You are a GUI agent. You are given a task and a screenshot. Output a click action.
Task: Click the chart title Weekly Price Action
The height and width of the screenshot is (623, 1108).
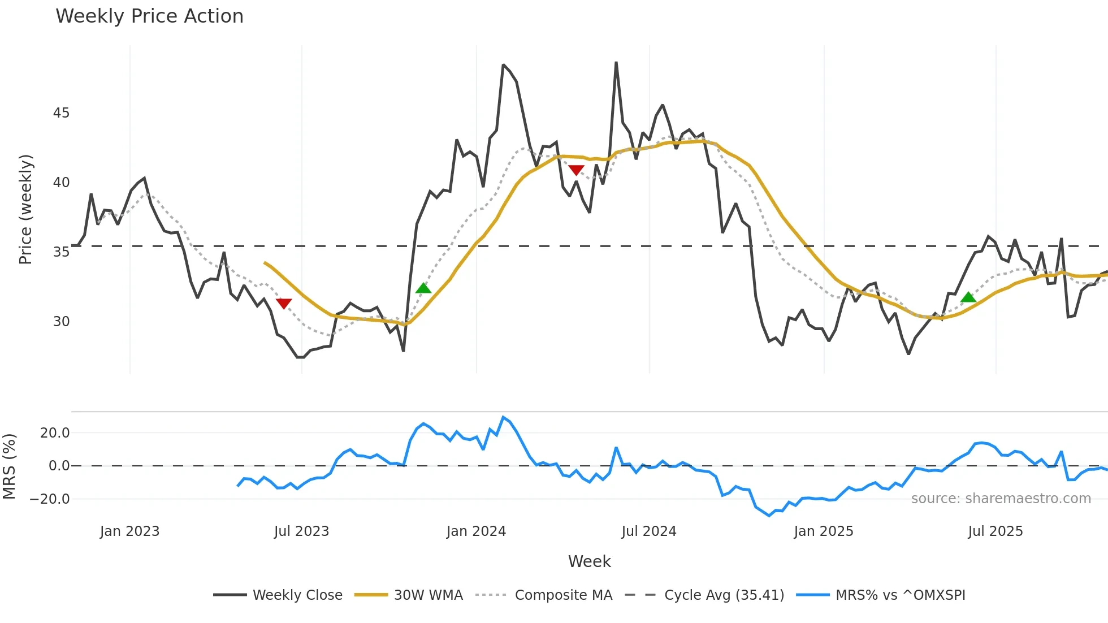149,16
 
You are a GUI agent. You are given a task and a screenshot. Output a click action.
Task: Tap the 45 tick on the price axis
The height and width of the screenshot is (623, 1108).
61,113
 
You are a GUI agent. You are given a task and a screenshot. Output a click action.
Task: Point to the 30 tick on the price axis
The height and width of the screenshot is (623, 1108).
61,322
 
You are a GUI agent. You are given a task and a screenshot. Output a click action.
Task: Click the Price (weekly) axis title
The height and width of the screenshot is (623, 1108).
25,210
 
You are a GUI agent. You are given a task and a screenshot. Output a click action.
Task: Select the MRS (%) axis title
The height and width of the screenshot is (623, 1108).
9,466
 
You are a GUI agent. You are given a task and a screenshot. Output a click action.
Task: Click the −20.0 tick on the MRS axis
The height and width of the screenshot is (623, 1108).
50,499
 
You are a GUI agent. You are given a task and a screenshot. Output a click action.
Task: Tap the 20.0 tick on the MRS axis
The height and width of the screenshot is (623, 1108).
55,433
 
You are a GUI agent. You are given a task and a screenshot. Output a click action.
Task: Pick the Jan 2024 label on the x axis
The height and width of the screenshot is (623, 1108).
476,531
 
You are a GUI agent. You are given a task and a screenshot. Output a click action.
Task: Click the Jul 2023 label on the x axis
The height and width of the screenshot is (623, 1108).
301,531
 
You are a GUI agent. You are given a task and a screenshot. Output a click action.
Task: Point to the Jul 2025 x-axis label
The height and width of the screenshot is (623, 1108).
995,531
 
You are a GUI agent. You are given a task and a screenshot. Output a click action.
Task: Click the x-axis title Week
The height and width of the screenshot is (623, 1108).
589,561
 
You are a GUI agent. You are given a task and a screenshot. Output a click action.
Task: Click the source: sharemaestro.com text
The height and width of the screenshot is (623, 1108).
1001,499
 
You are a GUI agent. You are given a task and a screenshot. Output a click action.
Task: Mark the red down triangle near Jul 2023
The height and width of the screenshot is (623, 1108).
284,304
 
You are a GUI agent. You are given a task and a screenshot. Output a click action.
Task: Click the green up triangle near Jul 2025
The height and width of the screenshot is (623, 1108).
968,297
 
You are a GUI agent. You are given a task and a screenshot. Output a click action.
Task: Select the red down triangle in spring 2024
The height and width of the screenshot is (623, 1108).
576,170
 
